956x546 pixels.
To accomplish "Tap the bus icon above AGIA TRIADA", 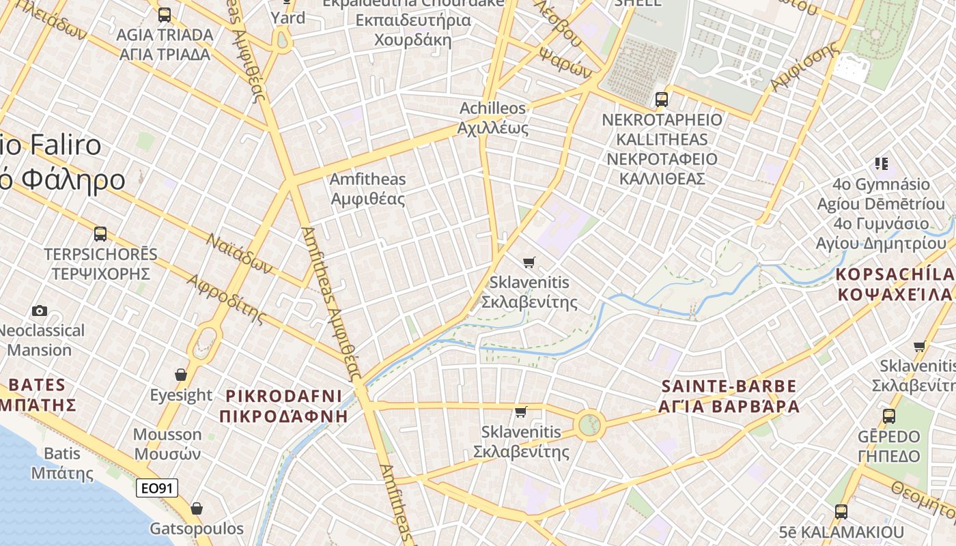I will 164,14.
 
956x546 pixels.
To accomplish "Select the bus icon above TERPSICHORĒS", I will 100,234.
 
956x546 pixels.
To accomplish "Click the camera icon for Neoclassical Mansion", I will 40,311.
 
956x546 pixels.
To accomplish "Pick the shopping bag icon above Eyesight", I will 181,375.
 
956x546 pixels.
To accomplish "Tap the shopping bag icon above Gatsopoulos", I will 197,508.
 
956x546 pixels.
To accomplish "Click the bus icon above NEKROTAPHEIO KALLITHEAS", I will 661,100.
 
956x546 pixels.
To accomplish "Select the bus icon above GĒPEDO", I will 888,416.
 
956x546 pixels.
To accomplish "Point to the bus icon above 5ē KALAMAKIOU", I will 841,511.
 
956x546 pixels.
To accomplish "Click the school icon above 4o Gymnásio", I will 881,164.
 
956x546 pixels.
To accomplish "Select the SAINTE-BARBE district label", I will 729,397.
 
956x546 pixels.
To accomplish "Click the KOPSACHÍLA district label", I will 895,284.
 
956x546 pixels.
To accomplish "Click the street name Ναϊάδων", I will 239,253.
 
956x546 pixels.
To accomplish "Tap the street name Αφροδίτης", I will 225,298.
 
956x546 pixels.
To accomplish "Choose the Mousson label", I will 167,444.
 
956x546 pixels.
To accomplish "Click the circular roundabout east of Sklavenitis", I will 589,425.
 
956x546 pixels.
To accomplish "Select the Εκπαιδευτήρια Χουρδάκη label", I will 413,29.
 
